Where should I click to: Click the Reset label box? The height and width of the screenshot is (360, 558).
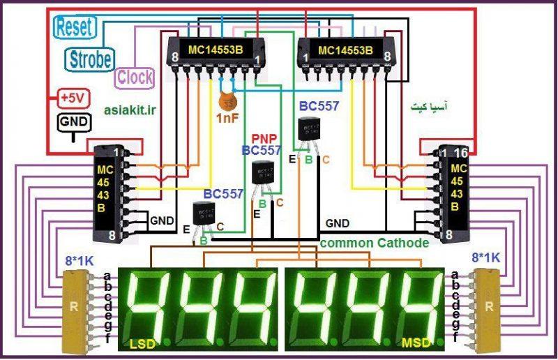pos(75,28)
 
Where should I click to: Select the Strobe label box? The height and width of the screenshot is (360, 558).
pos(90,59)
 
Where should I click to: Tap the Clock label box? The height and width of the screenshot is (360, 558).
pos(134,77)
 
